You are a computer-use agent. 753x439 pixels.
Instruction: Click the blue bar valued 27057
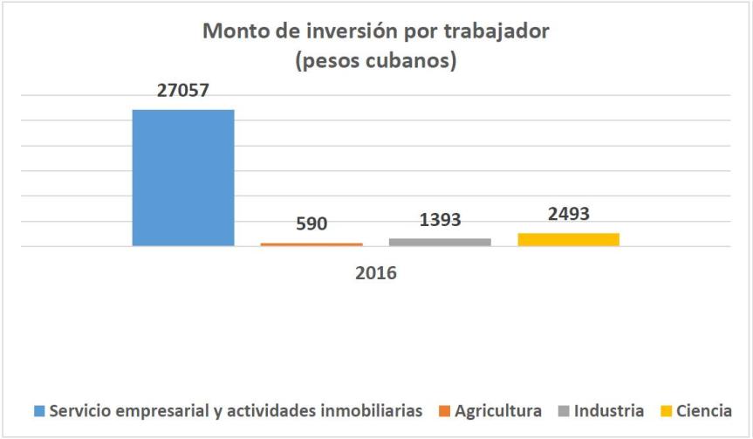click(183, 177)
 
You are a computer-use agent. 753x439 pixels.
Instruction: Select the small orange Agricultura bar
click(311, 244)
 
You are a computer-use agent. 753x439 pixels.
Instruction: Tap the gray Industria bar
click(440, 242)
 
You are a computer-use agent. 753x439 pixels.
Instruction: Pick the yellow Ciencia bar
click(568, 239)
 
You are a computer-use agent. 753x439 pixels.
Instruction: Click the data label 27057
click(182, 90)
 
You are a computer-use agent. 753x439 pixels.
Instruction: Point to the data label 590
click(311, 223)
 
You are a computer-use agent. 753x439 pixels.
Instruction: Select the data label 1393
click(439, 220)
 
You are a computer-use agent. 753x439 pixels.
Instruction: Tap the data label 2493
click(568, 214)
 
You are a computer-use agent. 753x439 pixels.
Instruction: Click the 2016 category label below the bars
click(376, 273)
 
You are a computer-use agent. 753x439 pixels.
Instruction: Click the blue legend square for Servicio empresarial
click(38, 410)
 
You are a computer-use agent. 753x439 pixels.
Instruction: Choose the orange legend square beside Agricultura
click(444, 410)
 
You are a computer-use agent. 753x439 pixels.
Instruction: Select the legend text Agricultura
click(498, 410)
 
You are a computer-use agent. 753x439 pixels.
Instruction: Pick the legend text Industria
click(609, 410)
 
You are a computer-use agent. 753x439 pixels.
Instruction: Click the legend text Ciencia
click(704, 410)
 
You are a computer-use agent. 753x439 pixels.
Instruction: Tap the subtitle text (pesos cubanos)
click(376, 63)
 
